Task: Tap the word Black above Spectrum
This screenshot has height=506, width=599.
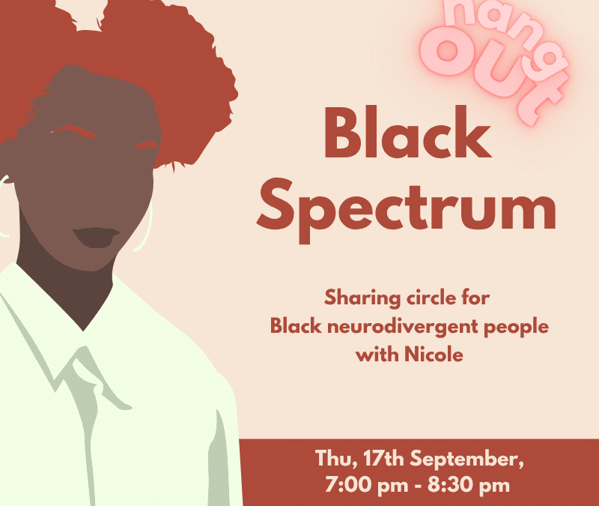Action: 407,133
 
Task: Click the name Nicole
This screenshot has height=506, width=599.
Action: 434,354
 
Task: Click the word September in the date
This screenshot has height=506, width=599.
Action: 466,458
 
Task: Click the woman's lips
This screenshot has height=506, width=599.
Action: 97,237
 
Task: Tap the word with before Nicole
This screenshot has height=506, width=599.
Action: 377,354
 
